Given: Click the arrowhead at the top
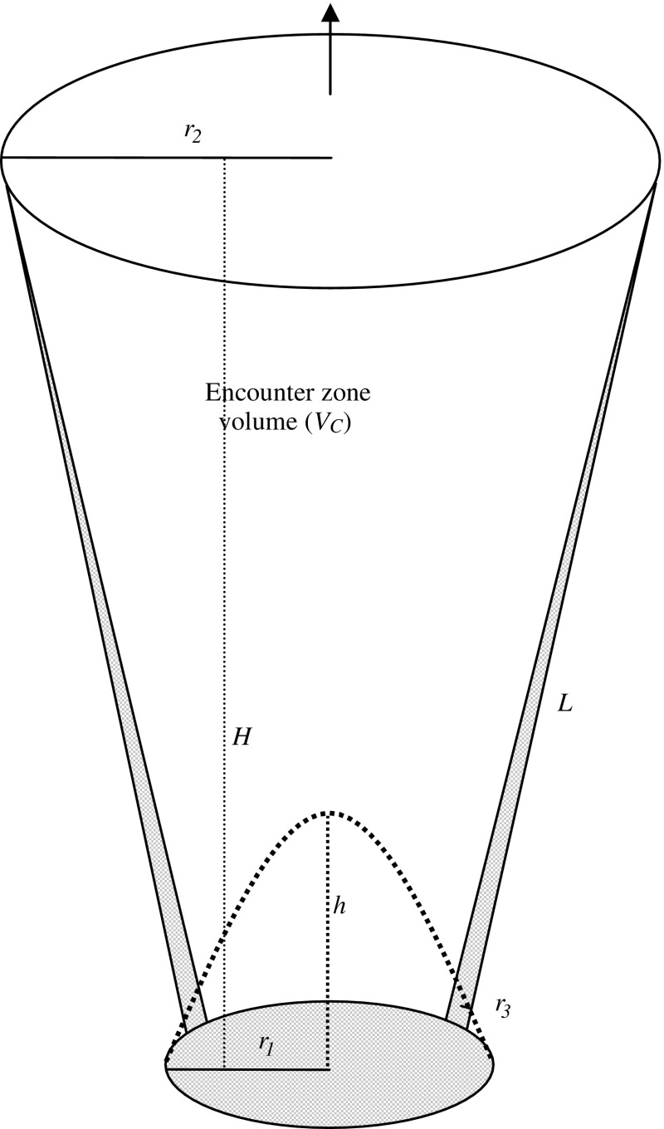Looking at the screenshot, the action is point(330,12).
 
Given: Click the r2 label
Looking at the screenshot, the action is point(193,134).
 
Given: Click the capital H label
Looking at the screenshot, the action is point(242,737).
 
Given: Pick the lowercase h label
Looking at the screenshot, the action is point(339,907).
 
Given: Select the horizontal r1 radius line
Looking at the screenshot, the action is point(249,1069).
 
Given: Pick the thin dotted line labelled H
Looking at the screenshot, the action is point(225,581).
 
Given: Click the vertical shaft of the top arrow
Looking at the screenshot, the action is point(330,58).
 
